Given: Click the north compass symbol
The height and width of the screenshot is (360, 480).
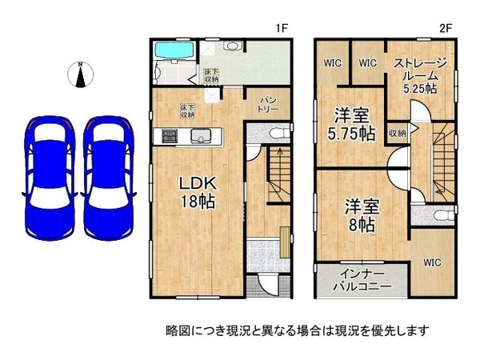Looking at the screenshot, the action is [x=81, y=74].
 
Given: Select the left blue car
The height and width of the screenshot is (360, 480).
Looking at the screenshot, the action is [x=50, y=178].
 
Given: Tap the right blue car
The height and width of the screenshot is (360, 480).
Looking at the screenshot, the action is [x=108, y=178].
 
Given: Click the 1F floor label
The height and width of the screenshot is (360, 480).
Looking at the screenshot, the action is [x=282, y=29].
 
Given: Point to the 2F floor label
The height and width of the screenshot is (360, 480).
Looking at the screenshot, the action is [x=446, y=29].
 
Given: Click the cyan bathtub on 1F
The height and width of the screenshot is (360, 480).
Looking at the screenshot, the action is [x=174, y=50].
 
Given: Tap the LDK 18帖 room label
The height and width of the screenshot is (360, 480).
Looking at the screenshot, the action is [x=198, y=192].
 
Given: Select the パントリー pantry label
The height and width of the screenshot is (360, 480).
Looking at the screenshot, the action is [x=267, y=104].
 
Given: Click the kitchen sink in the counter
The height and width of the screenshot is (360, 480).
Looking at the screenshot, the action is [x=201, y=136].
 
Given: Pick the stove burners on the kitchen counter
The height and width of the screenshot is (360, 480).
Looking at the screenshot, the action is [x=170, y=136].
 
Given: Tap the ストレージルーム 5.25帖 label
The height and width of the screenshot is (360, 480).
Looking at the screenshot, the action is [x=420, y=75].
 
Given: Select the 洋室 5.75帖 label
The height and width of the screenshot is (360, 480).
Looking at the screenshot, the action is [x=351, y=124].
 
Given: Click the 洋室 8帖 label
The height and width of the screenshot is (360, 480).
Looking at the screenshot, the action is [x=362, y=215].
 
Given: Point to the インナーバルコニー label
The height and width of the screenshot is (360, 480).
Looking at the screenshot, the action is [x=362, y=280].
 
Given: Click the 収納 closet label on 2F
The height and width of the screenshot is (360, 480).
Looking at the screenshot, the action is [x=397, y=134].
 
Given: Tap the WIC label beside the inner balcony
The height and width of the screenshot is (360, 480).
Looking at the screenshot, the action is [x=432, y=262].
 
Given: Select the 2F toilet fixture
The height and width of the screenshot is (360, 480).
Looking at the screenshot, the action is [x=444, y=215].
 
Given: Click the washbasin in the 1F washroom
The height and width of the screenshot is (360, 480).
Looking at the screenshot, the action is [x=234, y=46].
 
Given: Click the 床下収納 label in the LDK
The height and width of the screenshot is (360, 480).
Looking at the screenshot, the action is [x=187, y=111].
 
